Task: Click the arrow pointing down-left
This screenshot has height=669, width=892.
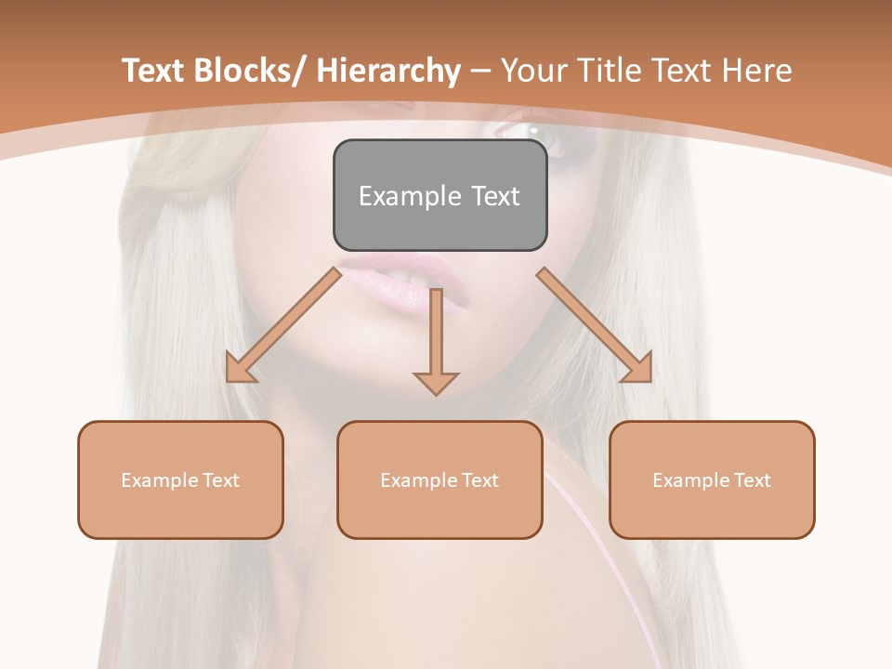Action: pos(283,325)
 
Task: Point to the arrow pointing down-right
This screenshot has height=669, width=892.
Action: pos(595,325)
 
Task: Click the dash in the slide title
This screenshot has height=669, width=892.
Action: pos(480,72)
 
